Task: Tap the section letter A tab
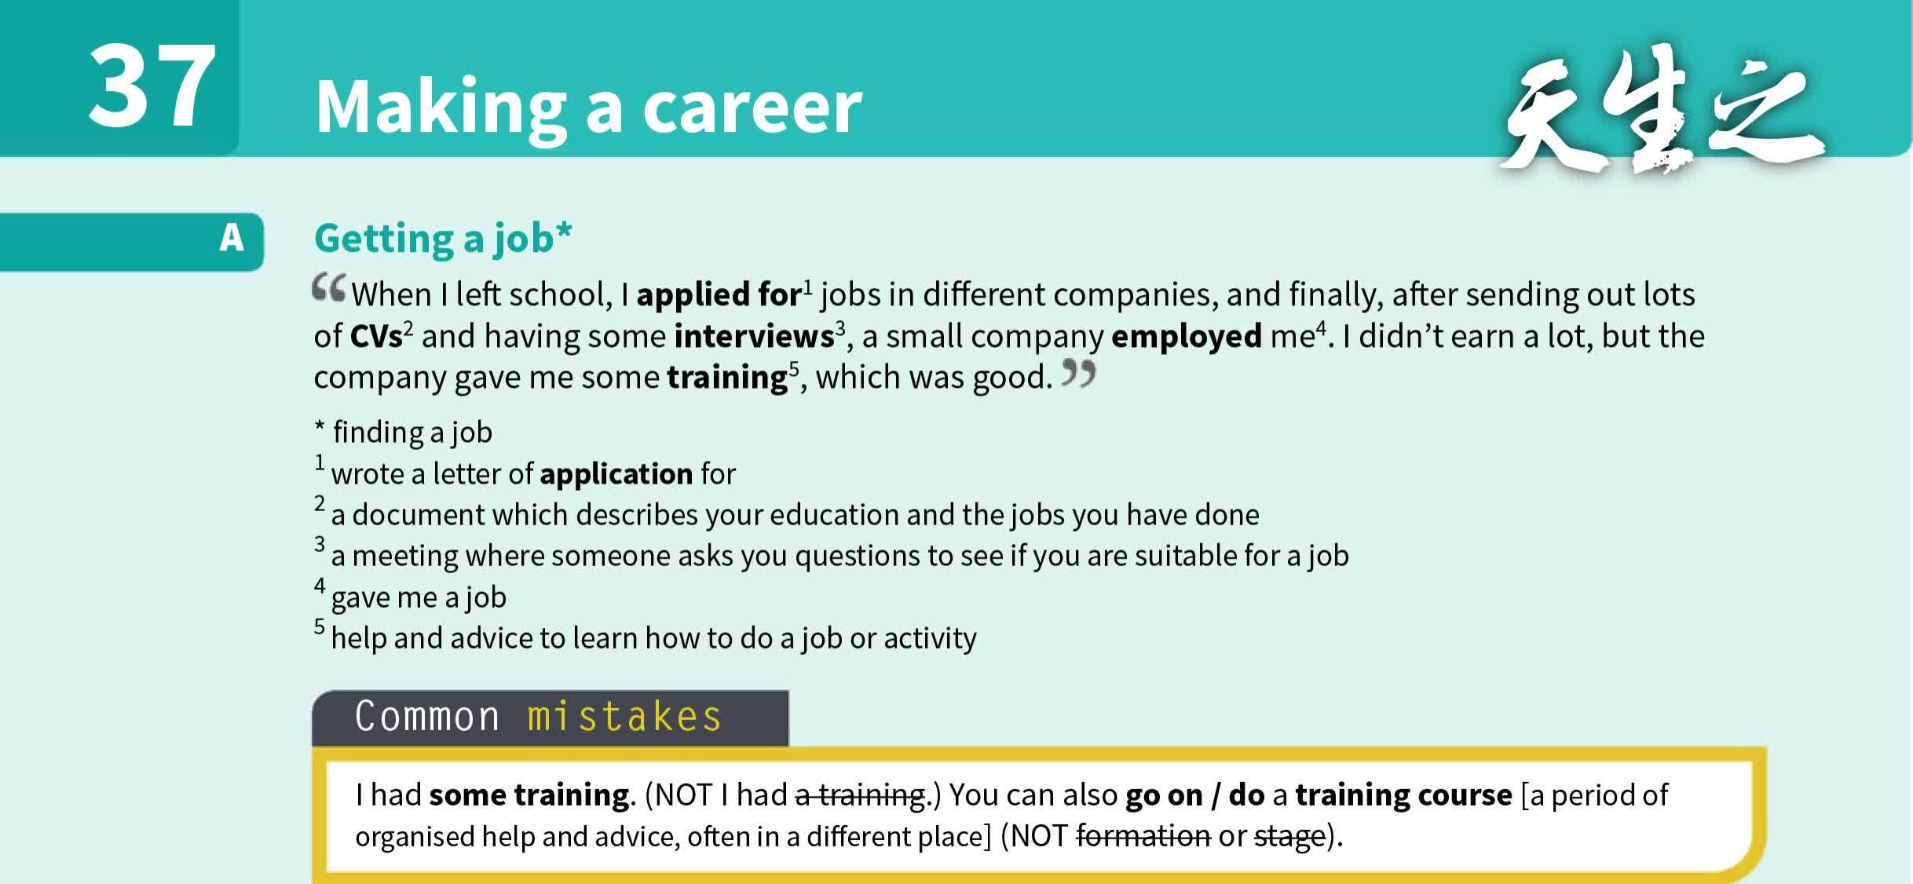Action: pos(231,238)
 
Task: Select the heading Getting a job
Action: pos(442,238)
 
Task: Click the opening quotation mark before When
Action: pos(328,289)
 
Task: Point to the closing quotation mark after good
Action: pos(1078,374)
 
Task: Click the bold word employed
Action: pos(1186,337)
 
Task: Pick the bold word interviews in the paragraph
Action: pos(753,337)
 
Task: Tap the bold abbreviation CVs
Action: pos(375,337)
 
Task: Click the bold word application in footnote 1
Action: pos(616,474)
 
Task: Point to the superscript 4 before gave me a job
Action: pos(320,586)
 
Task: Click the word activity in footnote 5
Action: pos(930,638)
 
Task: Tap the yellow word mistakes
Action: pos(624,717)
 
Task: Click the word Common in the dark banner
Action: pos(426,717)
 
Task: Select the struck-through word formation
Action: pos(1143,836)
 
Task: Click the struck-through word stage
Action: pos(1289,836)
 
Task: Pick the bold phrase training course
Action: pos(1403,795)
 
